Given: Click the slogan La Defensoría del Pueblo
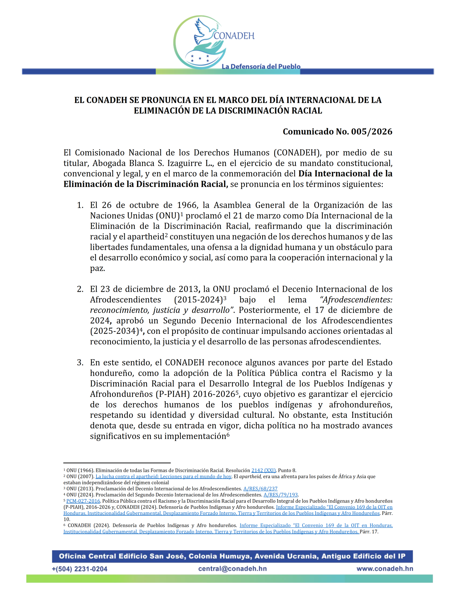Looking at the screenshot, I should pos(261,66).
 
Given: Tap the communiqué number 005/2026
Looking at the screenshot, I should pos(371,132).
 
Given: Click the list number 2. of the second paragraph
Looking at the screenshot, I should pos(80,289).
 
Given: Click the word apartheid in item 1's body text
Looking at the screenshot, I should pos(146,237).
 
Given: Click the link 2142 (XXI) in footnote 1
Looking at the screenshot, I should pos(263,470).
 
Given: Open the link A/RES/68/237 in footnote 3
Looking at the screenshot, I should pos(260,489).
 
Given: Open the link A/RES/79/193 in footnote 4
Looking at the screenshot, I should pos(281,495).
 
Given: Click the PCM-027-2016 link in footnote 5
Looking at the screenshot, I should pos(83,501).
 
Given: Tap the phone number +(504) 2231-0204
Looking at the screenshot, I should pos(80,569).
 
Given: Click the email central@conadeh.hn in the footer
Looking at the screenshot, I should pos(232,569).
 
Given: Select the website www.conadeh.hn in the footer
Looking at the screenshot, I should pos(385,569).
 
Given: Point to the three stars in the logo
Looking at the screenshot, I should pos(200,58).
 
